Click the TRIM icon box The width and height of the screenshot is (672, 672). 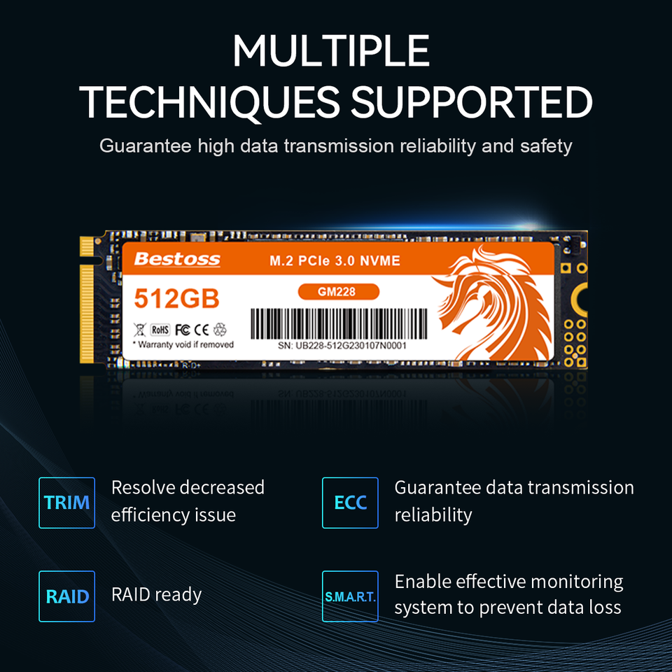pyautogui.click(x=66, y=503)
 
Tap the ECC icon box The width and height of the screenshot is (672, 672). pyautogui.click(x=350, y=503)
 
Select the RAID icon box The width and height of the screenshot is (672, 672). pyautogui.click(x=66, y=596)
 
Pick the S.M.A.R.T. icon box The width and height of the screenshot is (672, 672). pyautogui.click(x=350, y=596)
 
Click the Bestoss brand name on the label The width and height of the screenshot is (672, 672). pyautogui.click(x=176, y=260)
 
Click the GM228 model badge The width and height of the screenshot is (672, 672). pyautogui.click(x=338, y=291)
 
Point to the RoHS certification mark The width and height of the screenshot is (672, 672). pyautogui.click(x=160, y=329)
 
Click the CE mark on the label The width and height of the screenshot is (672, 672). pyautogui.click(x=202, y=329)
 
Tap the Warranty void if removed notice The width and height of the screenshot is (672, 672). pyautogui.click(x=183, y=344)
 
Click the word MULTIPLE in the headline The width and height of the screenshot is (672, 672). pyautogui.click(x=331, y=50)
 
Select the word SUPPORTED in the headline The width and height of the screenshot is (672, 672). pyautogui.click(x=471, y=102)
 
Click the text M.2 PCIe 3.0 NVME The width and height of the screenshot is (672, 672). pyautogui.click(x=335, y=261)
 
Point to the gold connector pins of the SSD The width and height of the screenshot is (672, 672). pyautogui.click(x=87, y=301)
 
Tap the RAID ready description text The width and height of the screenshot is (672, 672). pyautogui.click(x=156, y=595)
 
